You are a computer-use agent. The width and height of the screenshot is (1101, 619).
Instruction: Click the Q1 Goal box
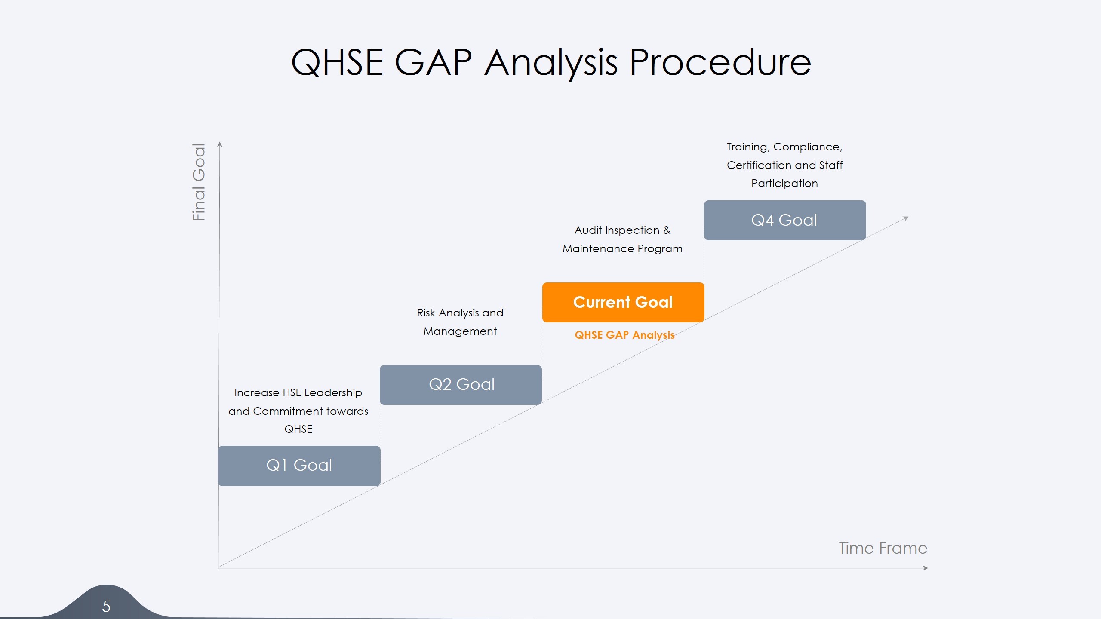coord(299,466)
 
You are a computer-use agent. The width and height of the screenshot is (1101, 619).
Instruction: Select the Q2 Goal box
coord(461,385)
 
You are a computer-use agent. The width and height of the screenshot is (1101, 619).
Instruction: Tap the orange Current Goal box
coord(623,302)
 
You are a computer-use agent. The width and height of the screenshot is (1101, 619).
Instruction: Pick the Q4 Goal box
coord(784,220)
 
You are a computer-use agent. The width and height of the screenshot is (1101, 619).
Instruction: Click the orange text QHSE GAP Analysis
coord(624,335)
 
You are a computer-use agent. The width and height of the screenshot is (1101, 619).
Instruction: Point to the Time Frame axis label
coord(883,549)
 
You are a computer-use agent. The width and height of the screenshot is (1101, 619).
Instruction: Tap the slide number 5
coord(106,607)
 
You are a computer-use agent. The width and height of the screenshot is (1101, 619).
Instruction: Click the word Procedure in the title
coord(720,63)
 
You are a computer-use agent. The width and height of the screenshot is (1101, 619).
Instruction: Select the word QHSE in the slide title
coord(337,63)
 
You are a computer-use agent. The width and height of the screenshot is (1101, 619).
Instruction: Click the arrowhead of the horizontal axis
coord(926,568)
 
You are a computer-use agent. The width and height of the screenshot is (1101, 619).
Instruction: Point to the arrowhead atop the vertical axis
coord(220,144)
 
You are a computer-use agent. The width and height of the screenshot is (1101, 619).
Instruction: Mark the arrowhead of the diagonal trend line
coord(906,218)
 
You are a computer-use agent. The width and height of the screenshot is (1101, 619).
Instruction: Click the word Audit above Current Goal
coord(588,230)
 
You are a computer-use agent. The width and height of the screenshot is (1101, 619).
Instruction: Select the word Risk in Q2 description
coord(426,313)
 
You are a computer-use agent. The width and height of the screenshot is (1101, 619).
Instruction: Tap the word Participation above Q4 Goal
coord(784,184)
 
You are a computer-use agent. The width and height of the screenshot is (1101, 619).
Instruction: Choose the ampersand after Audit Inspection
coord(667,230)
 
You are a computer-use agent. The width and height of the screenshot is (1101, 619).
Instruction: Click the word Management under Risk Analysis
coord(460,331)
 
